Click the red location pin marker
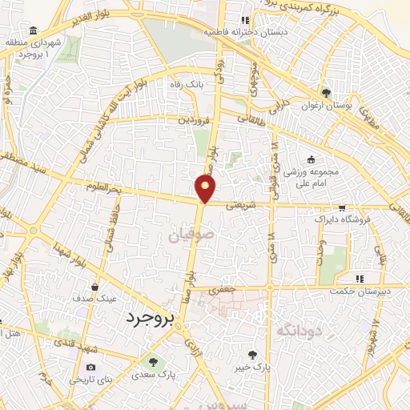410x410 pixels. [206, 189]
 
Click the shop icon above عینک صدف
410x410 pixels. [95, 287]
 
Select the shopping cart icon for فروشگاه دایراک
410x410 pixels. [342, 207]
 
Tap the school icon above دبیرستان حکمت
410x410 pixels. [360, 279]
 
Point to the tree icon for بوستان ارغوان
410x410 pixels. [325, 93]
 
